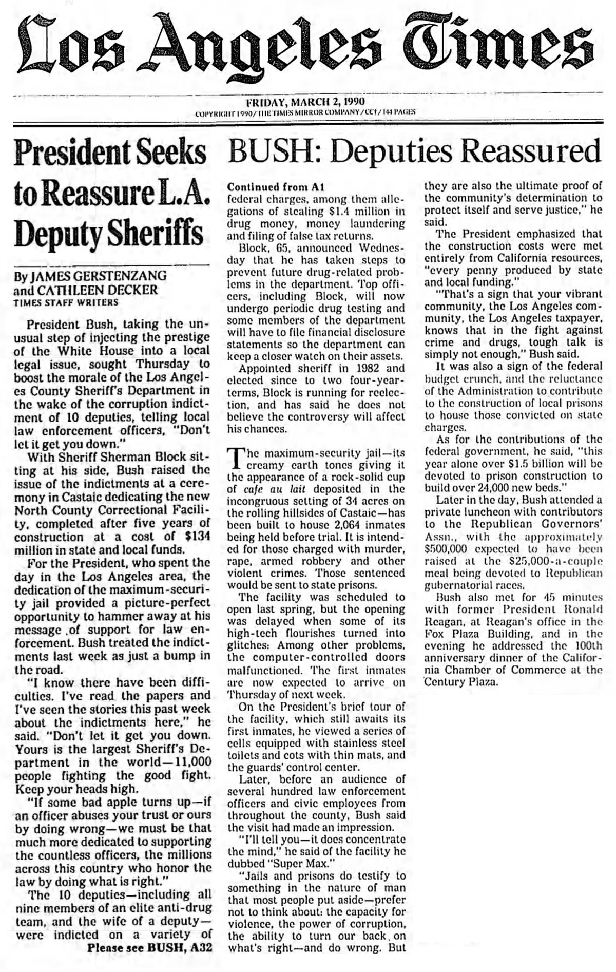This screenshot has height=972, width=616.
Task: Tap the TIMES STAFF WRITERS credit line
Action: coord(66,302)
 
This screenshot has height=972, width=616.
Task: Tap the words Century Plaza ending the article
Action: coord(461,684)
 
